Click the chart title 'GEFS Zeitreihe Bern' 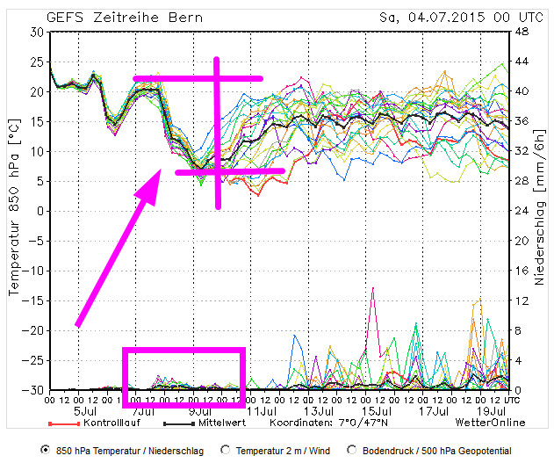click(126, 16)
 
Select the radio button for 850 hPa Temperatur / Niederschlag click(44, 450)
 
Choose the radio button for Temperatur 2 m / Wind click(226, 450)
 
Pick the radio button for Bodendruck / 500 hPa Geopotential click(352, 450)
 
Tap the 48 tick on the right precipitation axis click(520, 32)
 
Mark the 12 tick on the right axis click(520, 300)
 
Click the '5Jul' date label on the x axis click(85, 410)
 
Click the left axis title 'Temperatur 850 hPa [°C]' click(12, 211)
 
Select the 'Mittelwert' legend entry click(213, 423)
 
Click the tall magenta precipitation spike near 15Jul click(373, 290)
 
